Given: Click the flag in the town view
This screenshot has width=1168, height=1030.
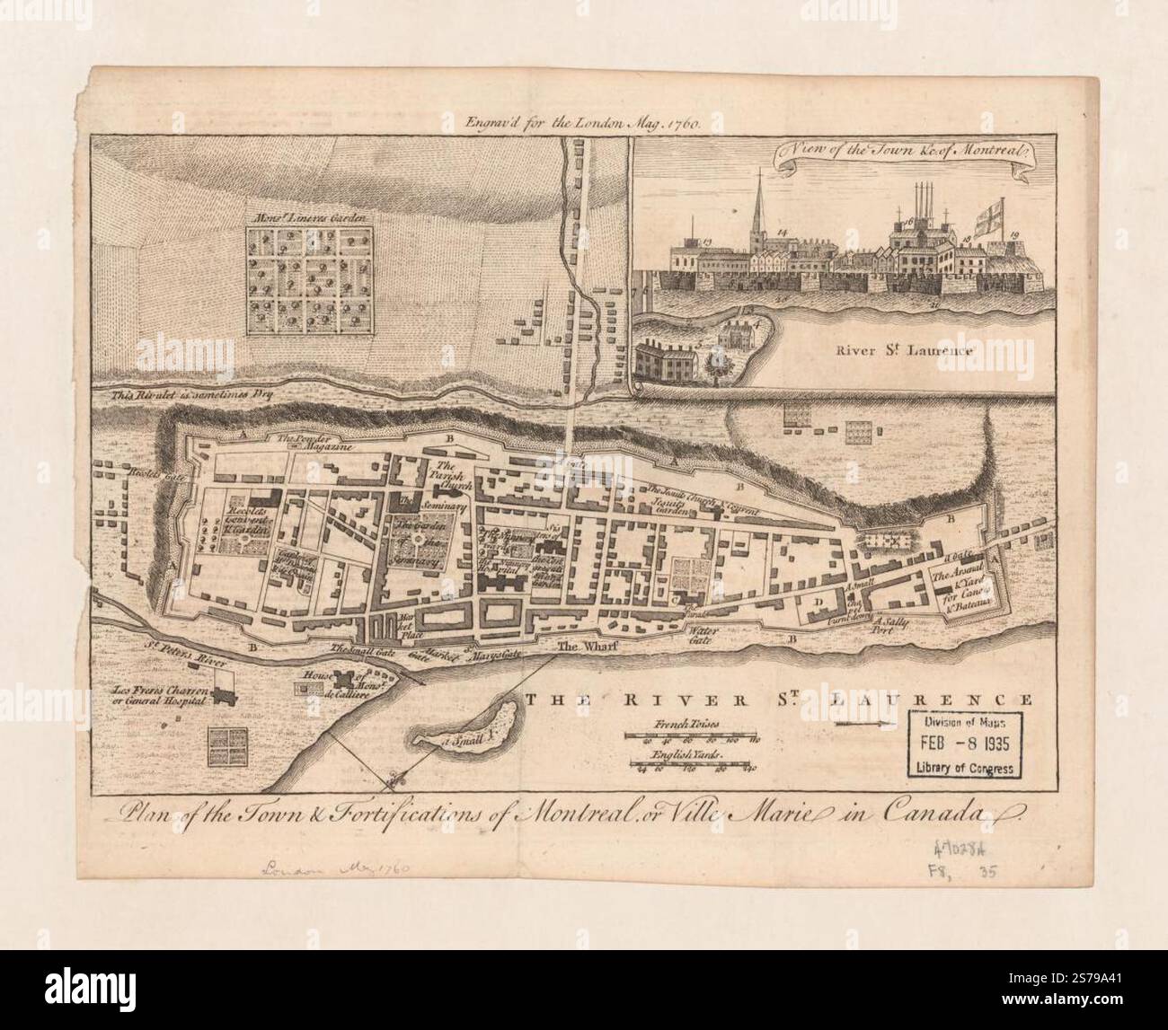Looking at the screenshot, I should [996, 218].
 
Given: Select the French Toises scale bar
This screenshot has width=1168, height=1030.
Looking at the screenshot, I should [693, 738].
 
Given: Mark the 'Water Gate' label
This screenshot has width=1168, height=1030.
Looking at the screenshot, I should [700, 640].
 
